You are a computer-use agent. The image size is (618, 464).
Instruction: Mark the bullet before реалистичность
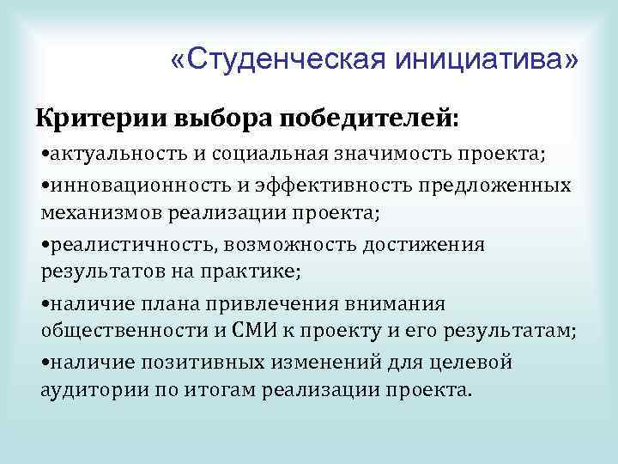coord(45,246)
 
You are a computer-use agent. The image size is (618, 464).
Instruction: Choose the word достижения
coord(430,245)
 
